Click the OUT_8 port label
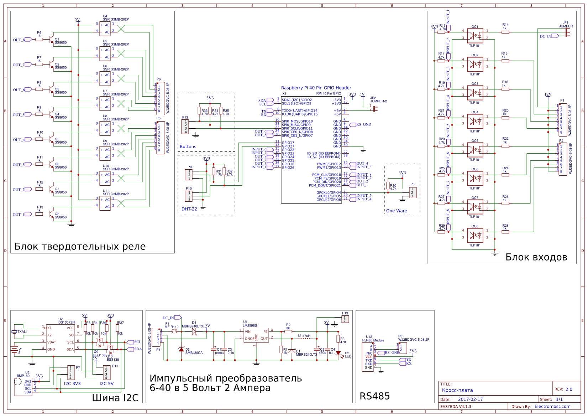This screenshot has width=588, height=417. point(19,40)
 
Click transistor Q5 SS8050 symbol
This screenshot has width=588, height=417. point(53,139)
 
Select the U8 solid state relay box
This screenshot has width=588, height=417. point(105,128)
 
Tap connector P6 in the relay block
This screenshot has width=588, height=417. point(160,98)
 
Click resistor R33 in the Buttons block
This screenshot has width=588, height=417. point(199,110)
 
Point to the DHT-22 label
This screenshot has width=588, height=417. point(189,209)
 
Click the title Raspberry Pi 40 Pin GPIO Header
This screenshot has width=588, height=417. point(316,88)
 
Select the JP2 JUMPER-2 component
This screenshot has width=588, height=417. point(374,108)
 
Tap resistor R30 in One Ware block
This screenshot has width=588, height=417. point(388,186)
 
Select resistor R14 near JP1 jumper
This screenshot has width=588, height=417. point(505,32)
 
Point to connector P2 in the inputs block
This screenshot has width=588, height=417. point(562,159)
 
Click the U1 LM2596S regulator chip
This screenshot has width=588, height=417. point(256,335)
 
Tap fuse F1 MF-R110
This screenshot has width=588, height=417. point(174,331)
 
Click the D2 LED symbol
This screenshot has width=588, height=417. point(338,354)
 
